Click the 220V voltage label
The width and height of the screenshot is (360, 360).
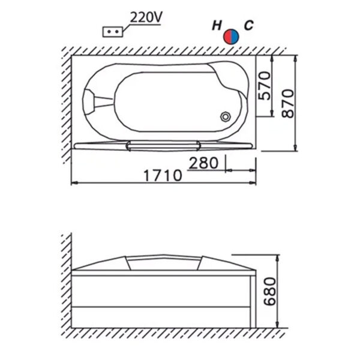(x=146, y=17)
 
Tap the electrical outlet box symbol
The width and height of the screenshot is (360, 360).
(x=113, y=32)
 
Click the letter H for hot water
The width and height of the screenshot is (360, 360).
(x=217, y=25)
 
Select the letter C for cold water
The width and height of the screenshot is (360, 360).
(x=248, y=25)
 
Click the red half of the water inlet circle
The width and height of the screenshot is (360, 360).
(x=227, y=37)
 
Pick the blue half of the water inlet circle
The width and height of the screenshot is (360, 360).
(x=235, y=37)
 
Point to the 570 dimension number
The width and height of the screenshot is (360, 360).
(x=264, y=86)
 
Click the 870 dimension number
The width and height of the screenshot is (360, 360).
(x=287, y=103)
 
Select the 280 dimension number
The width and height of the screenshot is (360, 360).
(x=203, y=163)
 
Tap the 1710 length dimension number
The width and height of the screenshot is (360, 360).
(x=163, y=175)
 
